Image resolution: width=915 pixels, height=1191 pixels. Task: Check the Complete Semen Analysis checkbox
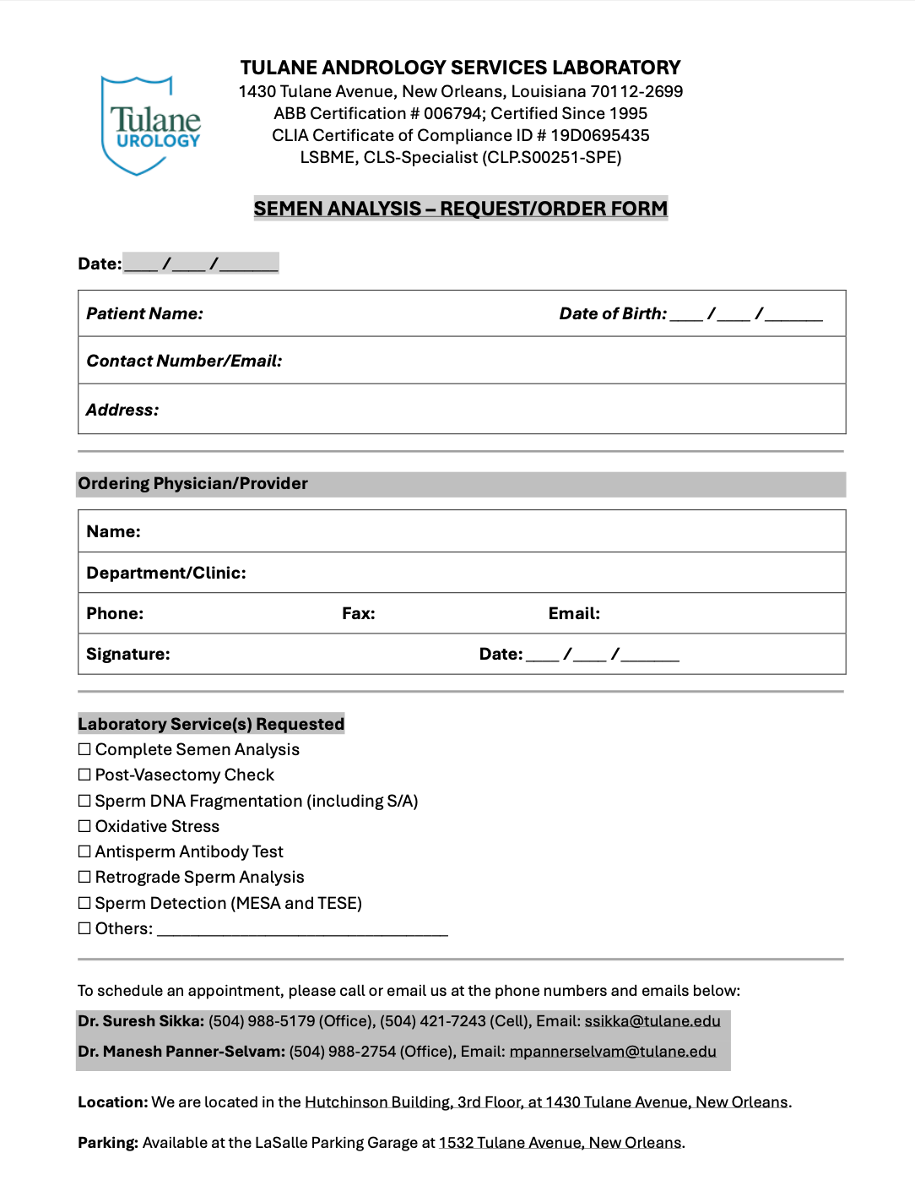(x=84, y=749)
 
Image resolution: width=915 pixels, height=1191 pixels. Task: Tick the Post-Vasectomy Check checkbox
(x=84, y=775)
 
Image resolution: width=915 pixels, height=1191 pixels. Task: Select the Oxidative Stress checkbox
(x=84, y=826)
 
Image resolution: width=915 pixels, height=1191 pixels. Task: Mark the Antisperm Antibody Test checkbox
(x=84, y=851)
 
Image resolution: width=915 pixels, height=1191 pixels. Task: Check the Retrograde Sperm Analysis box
(x=84, y=877)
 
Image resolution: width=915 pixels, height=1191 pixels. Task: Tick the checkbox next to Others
(x=84, y=928)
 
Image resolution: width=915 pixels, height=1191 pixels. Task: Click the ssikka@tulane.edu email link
(x=652, y=1021)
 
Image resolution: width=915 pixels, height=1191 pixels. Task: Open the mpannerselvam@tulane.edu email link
(x=613, y=1052)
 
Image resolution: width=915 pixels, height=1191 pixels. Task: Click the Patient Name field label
(x=144, y=314)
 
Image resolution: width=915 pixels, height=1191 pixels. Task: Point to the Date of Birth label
(x=613, y=314)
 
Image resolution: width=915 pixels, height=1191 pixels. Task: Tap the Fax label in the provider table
(x=358, y=614)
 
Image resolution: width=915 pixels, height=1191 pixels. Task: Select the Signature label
(x=127, y=655)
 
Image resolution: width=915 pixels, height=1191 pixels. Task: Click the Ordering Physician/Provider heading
(x=192, y=484)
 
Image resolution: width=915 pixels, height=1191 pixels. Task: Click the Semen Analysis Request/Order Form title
(x=460, y=209)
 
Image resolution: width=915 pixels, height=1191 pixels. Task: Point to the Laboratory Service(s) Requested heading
(x=211, y=724)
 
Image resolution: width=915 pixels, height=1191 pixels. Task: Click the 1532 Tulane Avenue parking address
(x=560, y=1143)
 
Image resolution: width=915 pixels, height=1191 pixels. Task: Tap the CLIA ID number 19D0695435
(x=600, y=135)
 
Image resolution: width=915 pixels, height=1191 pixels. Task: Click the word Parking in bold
(x=107, y=1143)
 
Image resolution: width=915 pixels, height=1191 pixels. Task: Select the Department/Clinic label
(x=166, y=574)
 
